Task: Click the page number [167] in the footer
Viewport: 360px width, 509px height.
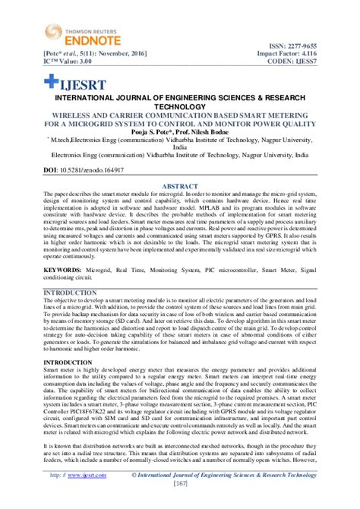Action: [179, 483]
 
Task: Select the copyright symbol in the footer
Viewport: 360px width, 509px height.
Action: [134, 475]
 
